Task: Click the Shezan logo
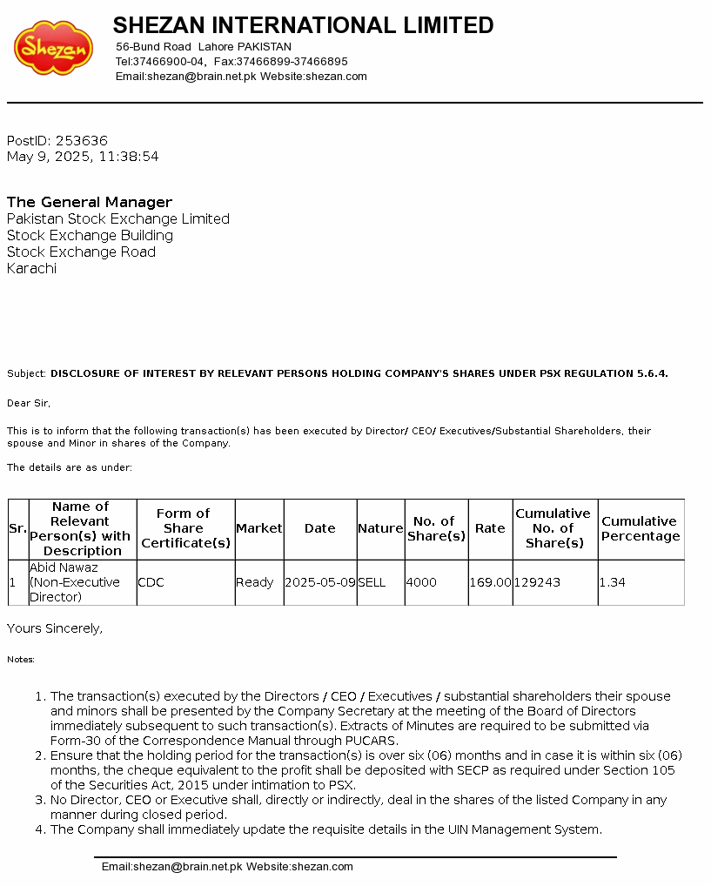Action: click(53, 49)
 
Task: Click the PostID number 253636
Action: click(81, 140)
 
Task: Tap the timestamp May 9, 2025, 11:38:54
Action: click(83, 157)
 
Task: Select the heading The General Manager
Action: click(90, 202)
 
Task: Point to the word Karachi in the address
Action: click(31, 268)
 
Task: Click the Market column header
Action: click(259, 528)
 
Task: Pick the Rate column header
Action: click(490, 528)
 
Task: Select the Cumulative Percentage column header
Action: click(641, 528)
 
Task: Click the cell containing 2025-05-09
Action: click(320, 582)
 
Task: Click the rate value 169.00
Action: click(491, 582)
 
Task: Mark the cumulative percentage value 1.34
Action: click(613, 582)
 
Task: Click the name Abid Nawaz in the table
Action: click(64, 567)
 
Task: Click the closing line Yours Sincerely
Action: click(55, 628)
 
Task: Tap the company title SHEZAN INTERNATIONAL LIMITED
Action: click(303, 25)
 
